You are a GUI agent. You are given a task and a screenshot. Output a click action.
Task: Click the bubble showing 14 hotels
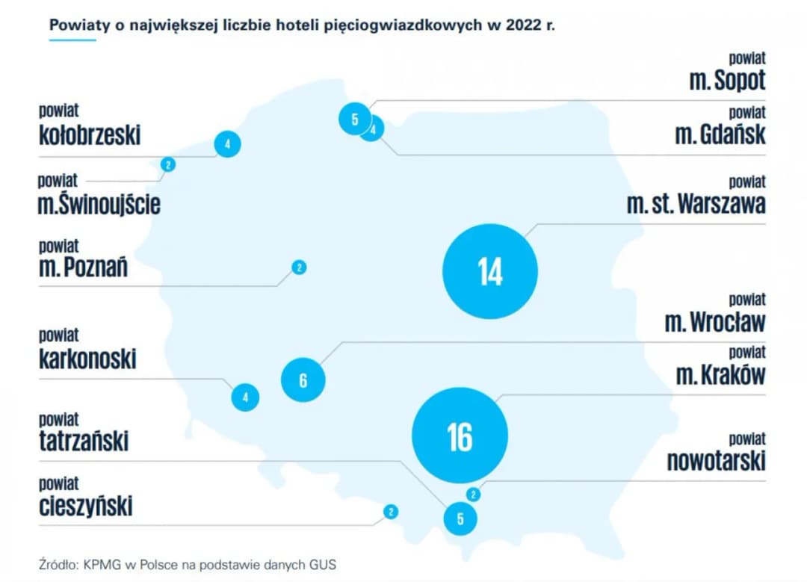coord(490,272)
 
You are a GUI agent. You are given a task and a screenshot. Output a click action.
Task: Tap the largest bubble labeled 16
coord(460,436)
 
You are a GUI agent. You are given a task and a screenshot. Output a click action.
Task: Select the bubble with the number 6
coord(303,380)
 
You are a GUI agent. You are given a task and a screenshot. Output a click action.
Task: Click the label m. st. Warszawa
coord(696,204)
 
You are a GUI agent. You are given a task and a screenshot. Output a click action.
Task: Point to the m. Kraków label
coord(720,374)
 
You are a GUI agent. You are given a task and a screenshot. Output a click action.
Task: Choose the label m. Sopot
coord(727,81)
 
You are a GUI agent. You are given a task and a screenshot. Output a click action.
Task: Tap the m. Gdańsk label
coord(720,134)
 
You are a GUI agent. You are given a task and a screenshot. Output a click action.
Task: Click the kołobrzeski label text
coord(90,135)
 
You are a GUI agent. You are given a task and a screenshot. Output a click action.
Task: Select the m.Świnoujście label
coord(99,204)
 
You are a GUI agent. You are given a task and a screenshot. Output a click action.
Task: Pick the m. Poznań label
coord(83,267)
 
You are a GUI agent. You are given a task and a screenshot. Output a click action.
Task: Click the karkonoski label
coord(87,359)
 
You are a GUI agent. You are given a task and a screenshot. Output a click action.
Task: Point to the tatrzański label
coord(84,441)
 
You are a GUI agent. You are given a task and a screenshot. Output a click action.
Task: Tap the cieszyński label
coord(86,507)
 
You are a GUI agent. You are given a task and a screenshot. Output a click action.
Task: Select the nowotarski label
coord(716,461)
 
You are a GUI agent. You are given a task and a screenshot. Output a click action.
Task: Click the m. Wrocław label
coord(715,323)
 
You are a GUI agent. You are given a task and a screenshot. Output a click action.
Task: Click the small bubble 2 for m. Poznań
coord(299,267)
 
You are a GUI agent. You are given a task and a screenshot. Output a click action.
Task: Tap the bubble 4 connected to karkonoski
coord(245,397)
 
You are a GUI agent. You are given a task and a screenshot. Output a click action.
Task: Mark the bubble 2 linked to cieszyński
coord(391,512)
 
